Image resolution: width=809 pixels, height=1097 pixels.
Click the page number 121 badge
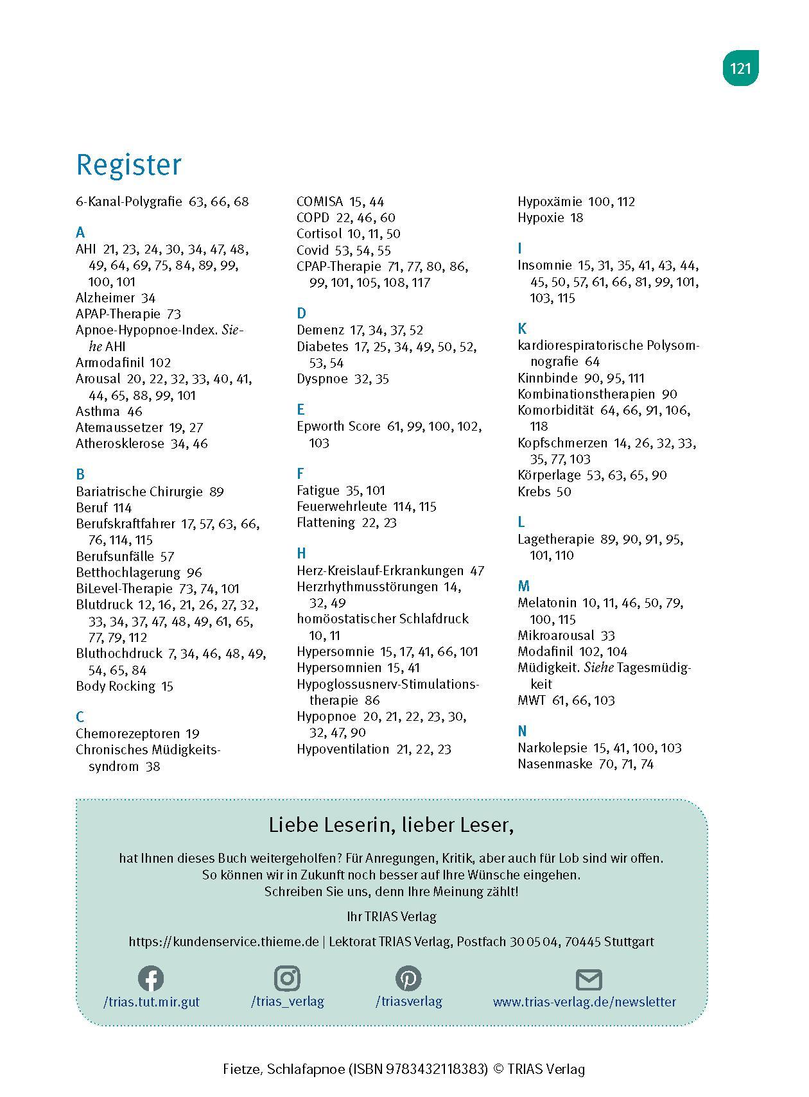coord(740,68)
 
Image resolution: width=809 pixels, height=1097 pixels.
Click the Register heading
coord(128,164)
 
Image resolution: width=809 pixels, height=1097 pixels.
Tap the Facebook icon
coord(151,978)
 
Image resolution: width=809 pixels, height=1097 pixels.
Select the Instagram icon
coord(287,978)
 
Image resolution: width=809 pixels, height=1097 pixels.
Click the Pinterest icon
coord(408,978)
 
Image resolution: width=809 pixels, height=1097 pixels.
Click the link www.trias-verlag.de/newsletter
coord(584,1001)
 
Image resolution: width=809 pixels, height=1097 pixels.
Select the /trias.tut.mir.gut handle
coord(151,1001)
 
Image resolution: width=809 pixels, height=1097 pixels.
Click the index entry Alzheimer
coord(105,298)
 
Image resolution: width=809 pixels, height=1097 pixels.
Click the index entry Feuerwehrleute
coord(342,506)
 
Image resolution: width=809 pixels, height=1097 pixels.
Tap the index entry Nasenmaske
coord(554,764)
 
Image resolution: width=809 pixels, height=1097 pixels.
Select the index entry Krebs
coord(534,492)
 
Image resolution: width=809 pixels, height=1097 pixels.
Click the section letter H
coord(301,553)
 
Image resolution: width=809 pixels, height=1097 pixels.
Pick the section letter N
coord(522,731)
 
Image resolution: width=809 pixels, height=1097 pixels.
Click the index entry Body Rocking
coord(116,686)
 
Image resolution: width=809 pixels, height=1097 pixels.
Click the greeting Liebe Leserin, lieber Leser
coord(391,825)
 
